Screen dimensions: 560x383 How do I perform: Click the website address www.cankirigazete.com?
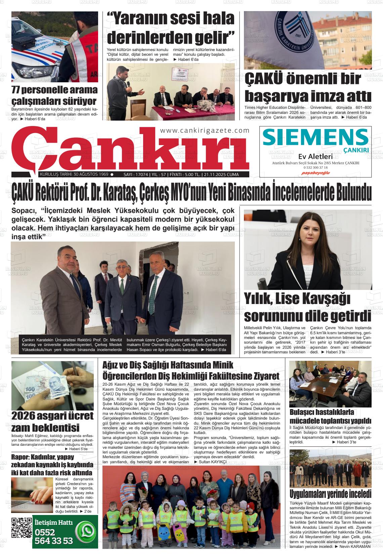(x=205, y=131)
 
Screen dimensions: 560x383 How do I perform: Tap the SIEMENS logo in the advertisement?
(x=315, y=137)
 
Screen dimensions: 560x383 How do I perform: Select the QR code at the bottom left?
(x=22, y=528)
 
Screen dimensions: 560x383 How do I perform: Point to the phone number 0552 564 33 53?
(x=54, y=537)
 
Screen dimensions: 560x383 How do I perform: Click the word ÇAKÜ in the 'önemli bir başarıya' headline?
(x=264, y=79)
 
